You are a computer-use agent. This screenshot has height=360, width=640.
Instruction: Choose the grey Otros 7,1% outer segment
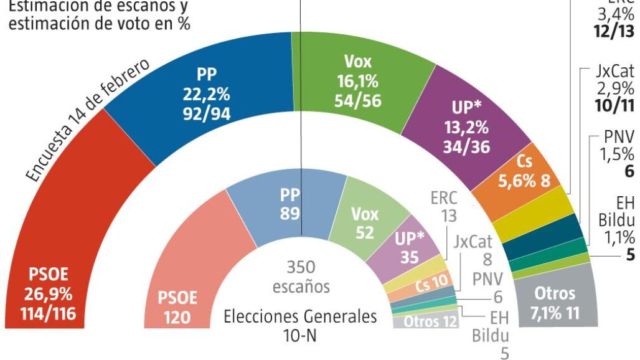click(556, 302)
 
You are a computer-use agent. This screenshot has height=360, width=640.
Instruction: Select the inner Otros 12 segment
click(426, 321)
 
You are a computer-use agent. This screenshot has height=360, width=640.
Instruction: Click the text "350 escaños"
click(301, 277)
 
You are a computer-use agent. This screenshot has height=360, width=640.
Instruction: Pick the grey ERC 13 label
click(444, 207)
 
